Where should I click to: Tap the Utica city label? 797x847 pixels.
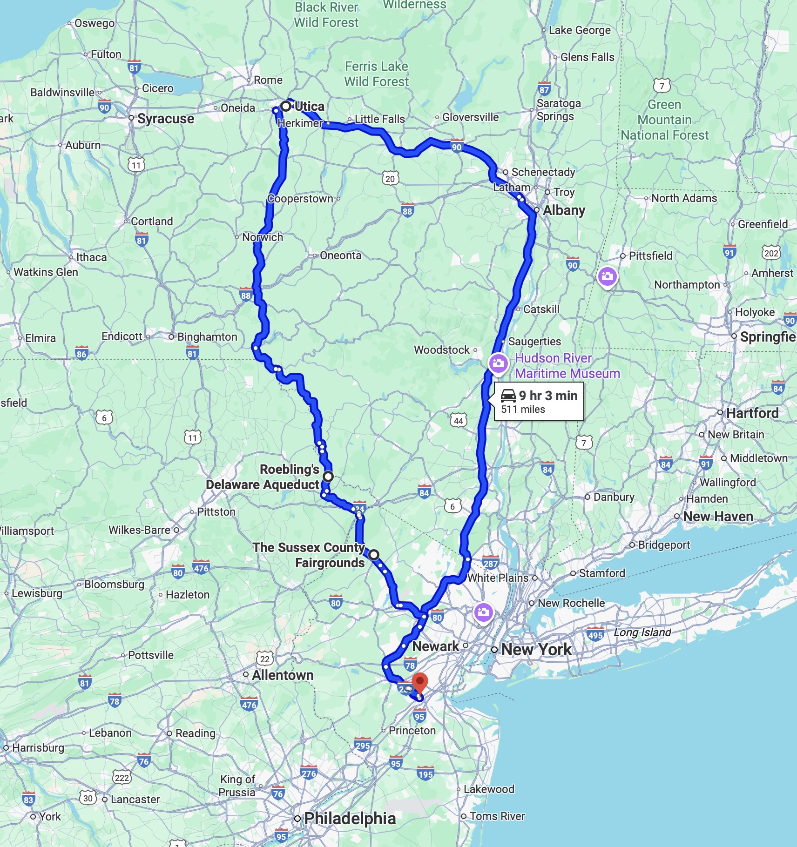click(x=310, y=107)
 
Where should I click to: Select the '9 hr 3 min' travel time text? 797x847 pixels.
click(x=548, y=396)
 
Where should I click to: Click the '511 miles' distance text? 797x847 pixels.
click(x=523, y=410)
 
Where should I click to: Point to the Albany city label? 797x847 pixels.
click(x=564, y=210)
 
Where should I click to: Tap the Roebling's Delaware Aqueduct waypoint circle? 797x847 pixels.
click(x=328, y=477)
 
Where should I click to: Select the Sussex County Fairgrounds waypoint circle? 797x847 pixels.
click(x=374, y=555)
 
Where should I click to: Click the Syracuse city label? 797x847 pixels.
click(x=166, y=119)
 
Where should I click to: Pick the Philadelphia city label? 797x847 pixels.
click(x=350, y=818)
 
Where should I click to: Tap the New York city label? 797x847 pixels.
click(x=536, y=649)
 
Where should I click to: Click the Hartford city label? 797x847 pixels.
click(x=752, y=413)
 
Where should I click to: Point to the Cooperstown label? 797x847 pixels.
click(x=300, y=199)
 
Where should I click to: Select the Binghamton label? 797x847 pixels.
click(x=207, y=336)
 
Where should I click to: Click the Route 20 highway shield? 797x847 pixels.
click(x=390, y=179)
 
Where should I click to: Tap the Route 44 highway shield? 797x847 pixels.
click(x=459, y=421)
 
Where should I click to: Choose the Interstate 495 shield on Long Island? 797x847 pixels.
click(x=595, y=635)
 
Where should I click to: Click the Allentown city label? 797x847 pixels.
click(x=283, y=675)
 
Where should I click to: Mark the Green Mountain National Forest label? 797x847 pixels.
click(x=664, y=120)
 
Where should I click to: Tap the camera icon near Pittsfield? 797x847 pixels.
click(x=607, y=277)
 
